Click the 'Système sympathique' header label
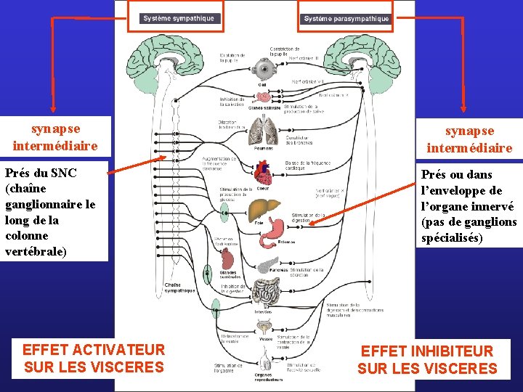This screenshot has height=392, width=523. click(x=179, y=18)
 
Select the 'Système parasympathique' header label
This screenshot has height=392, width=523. click(x=346, y=18)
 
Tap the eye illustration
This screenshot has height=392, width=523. click(x=262, y=70)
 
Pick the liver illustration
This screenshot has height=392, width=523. click(x=261, y=211)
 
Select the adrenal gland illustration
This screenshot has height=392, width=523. click(x=229, y=258)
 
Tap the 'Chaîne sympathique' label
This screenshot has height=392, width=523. click(x=180, y=287)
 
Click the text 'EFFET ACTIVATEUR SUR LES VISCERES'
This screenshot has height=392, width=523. click(x=94, y=359)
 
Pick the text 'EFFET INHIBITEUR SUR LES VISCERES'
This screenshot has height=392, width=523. click(x=427, y=360)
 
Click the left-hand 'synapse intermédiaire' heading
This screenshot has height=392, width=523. click(x=55, y=137)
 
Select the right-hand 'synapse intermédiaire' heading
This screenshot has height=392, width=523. click(x=469, y=139)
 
